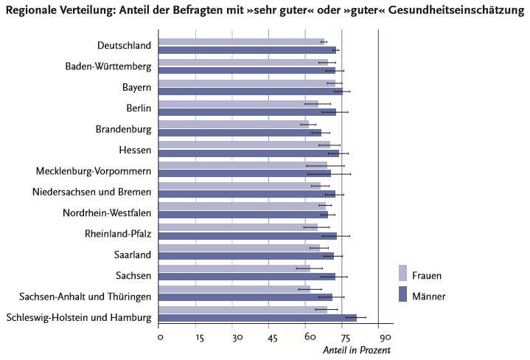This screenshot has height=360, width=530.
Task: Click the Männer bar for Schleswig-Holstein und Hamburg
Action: [x=258, y=318]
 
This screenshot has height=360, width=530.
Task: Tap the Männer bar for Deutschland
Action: [x=248, y=50]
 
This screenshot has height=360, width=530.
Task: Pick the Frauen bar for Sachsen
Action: [x=234, y=268]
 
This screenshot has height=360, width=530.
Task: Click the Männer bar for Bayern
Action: [x=251, y=91]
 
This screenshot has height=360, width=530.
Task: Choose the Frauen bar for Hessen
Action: [x=245, y=145]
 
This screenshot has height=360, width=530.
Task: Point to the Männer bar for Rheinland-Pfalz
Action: [x=248, y=236]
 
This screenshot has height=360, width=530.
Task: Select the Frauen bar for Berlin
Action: [x=239, y=104]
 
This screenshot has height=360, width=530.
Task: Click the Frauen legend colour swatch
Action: [x=403, y=273]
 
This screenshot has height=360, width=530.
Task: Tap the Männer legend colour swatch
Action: [x=403, y=294]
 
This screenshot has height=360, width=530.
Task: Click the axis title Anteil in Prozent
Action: [x=356, y=350]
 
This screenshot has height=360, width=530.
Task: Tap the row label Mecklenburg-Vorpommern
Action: [x=94, y=171]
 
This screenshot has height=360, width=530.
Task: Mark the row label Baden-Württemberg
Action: [x=108, y=66]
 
